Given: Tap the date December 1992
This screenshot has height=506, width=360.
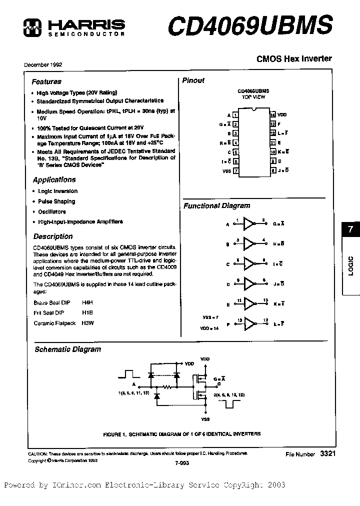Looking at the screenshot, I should pyautogui.click(x=43, y=65).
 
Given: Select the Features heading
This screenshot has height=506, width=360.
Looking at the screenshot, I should pyautogui.click(x=46, y=81).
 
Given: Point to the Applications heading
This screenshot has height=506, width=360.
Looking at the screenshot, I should pyautogui.click(x=54, y=179).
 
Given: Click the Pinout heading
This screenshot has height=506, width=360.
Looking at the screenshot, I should pyautogui.click(x=193, y=80).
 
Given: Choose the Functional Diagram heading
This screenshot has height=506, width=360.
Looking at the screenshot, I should pyautogui.click(x=216, y=205).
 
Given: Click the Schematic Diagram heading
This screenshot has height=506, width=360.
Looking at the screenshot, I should pyautogui.click(x=67, y=349).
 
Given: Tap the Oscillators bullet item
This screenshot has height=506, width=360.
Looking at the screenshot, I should pyautogui.click(x=52, y=211).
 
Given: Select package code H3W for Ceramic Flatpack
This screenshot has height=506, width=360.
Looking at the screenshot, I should pyautogui.click(x=88, y=323).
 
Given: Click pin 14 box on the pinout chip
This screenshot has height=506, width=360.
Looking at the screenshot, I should pyautogui.click(x=273, y=115).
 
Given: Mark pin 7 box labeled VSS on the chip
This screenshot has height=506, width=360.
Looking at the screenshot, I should pyautogui.click(x=235, y=171).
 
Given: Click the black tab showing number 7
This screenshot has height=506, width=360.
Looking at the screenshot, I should pyautogui.click(x=350, y=230).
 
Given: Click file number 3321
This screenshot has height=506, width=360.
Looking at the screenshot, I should pyautogui.click(x=324, y=453).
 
